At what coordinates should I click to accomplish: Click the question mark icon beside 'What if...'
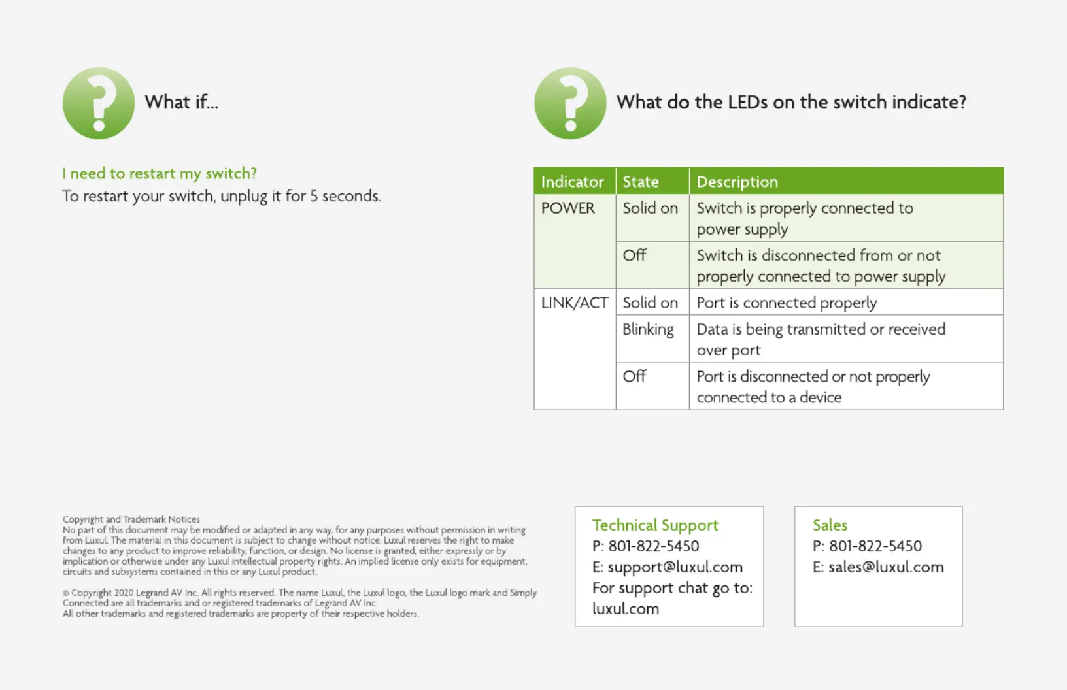coord(99,103)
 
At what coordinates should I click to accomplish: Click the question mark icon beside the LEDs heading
coord(570,103)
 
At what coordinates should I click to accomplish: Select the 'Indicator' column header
coord(572,182)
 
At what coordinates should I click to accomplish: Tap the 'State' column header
coord(641,182)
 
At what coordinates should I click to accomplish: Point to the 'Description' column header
coord(737,182)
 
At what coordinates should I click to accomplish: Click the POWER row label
coord(567,208)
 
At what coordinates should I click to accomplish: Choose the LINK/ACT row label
coord(575,303)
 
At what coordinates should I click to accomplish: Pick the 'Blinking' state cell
coord(648,329)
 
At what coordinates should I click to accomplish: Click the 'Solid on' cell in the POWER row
coord(650,208)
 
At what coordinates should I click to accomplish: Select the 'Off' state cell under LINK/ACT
coord(634,376)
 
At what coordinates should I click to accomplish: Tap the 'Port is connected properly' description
coord(787,303)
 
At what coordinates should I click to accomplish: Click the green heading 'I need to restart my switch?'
coord(160,173)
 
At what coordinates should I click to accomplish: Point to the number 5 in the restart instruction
coord(314,196)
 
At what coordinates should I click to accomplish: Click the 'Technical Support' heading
coord(655,525)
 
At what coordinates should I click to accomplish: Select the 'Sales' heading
coord(830,525)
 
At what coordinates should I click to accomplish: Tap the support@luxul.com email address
coord(675,567)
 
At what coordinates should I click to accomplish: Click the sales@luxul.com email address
coord(886,567)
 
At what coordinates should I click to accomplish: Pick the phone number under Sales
coord(875,546)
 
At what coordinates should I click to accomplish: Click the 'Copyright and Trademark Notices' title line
coord(131,519)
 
